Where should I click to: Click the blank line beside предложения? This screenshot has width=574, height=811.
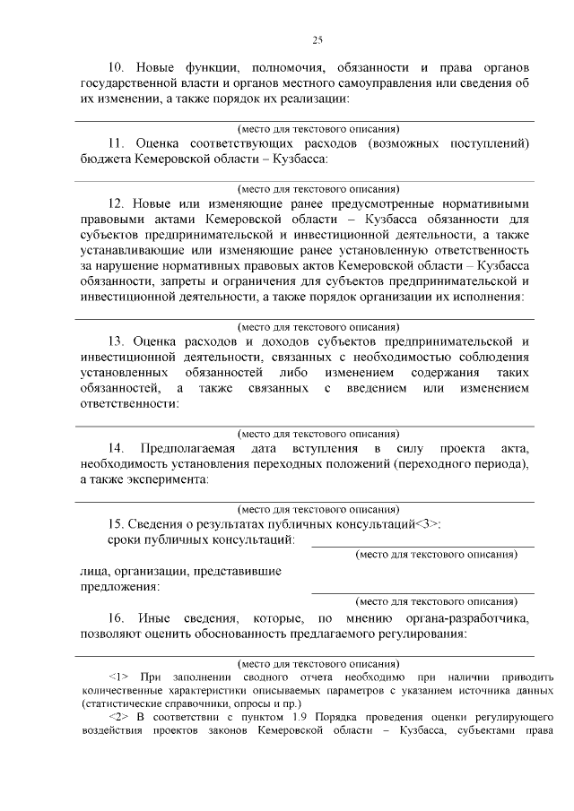pyautogui.click(x=422, y=591)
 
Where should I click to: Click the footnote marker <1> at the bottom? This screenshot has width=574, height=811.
pyautogui.click(x=118, y=677)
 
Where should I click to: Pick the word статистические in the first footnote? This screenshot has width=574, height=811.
pyautogui.click(x=119, y=704)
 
